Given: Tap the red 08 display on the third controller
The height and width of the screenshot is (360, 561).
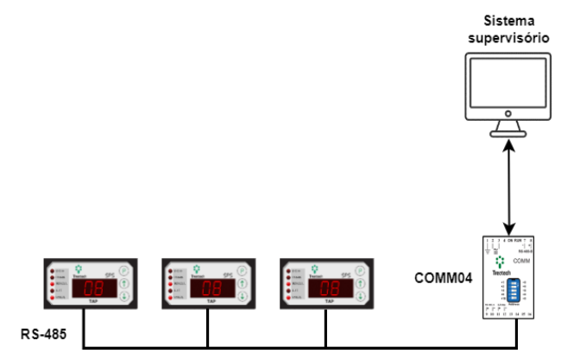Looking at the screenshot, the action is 326,287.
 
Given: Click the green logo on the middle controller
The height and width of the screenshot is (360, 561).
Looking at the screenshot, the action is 198,268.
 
